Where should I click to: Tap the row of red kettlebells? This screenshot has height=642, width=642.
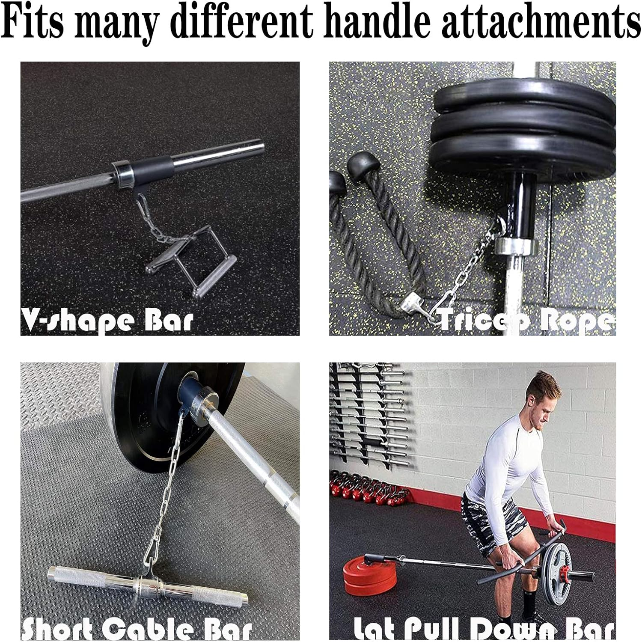point(368,490)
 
